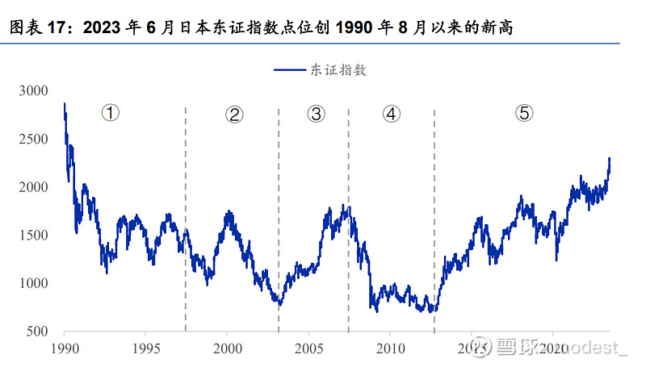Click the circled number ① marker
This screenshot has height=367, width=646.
[110, 113]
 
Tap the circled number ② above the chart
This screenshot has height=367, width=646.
[234, 115]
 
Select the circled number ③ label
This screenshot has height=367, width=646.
[316, 114]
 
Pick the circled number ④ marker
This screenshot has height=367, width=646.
[391, 114]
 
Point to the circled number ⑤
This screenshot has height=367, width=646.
[523, 113]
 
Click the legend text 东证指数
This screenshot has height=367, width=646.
[338, 69]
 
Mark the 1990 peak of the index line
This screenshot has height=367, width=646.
[65, 104]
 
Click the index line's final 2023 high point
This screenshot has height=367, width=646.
[609, 159]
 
